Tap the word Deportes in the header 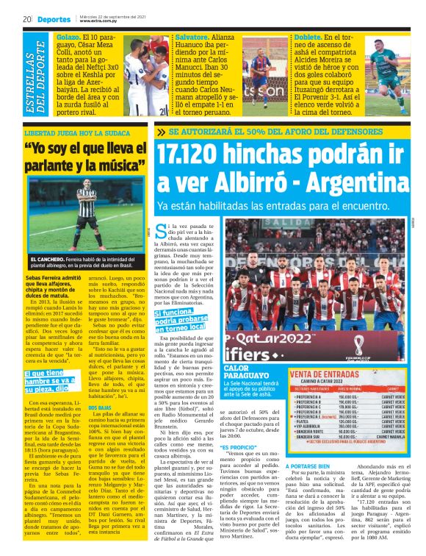click(54, 18)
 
